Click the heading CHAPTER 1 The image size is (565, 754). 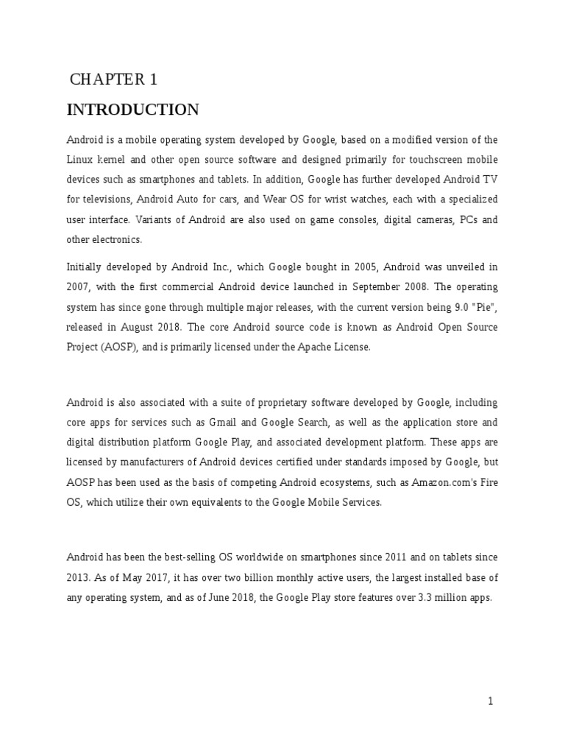coord(113,80)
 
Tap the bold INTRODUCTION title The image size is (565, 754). coord(132,110)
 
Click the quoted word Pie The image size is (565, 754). coord(481,306)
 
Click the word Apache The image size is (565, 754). coord(313,346)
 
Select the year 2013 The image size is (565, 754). coord(79,579)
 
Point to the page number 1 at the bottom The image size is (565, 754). coord(491,701)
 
